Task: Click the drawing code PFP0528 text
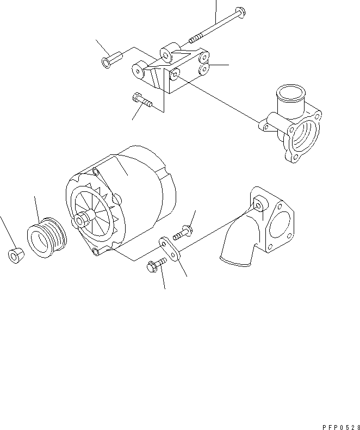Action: coord(341,427)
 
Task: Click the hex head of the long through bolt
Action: coord(241,13)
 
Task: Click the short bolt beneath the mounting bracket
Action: coord(142,101)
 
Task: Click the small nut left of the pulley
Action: coord(16,255)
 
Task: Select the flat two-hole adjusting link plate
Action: coord(169,249)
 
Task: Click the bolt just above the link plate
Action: coord(183,232)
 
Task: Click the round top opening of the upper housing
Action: coord(290,92)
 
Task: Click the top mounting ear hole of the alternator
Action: coord(96,172)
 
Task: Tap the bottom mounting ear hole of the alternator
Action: coord(96,252)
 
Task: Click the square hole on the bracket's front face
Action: coord(175,73)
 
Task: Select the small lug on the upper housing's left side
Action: coord(264,126)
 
